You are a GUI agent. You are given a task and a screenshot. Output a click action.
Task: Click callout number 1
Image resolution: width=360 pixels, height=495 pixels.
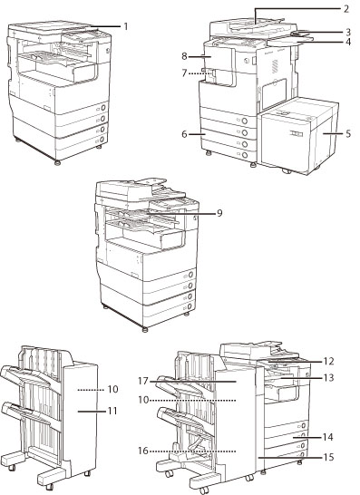click(x=126, y=26)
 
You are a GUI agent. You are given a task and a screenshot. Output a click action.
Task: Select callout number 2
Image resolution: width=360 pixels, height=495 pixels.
click(x=346, y=9)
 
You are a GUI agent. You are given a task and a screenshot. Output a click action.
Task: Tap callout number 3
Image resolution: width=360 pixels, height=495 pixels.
click(x=347, y=32)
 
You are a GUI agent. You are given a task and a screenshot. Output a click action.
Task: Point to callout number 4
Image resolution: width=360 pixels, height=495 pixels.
click(x=347, y=42)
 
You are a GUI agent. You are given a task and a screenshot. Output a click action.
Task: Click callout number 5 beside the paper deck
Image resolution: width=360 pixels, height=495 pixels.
click(x=347, y=133)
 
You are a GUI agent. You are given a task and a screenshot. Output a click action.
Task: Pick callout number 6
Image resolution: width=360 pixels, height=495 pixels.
click(x=184, y=134)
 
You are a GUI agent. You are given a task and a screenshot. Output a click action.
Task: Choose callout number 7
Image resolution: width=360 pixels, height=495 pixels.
click(x=184, y=73)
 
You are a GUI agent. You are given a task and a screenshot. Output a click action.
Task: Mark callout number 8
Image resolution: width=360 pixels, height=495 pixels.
click(x=184, y=56)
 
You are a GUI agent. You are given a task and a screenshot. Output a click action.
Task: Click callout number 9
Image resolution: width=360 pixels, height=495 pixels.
click(x=219, y=213)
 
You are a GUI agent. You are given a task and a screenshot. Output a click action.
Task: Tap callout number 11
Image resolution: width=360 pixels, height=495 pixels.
click(x=112, y=411)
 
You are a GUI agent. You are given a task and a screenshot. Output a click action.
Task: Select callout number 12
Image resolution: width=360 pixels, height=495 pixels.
click(x=329, y=361)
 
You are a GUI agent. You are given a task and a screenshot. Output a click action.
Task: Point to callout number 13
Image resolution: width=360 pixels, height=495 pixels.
click(x=329, y=377)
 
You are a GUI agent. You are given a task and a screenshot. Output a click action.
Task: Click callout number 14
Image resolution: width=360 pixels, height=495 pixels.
click(x=328, y=437)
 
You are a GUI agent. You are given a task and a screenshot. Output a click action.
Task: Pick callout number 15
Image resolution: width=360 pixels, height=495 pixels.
click(x=329, y=457)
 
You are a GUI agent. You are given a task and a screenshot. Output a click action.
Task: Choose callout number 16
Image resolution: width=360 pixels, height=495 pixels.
click(x=143, y=451)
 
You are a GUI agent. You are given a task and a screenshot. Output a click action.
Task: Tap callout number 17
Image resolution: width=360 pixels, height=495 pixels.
click(x=143, y=382)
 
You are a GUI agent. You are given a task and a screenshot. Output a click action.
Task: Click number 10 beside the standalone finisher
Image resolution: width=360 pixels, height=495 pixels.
click(x=112, y=389)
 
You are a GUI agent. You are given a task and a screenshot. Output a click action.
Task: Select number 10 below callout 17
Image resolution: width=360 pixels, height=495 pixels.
click(x=143, y=400)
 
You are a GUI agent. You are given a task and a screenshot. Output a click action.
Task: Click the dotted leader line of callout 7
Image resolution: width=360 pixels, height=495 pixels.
click(x=199, y=73)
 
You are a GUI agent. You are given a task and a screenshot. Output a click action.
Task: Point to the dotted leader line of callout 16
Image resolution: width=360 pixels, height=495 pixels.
click(x=192, y=451)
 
